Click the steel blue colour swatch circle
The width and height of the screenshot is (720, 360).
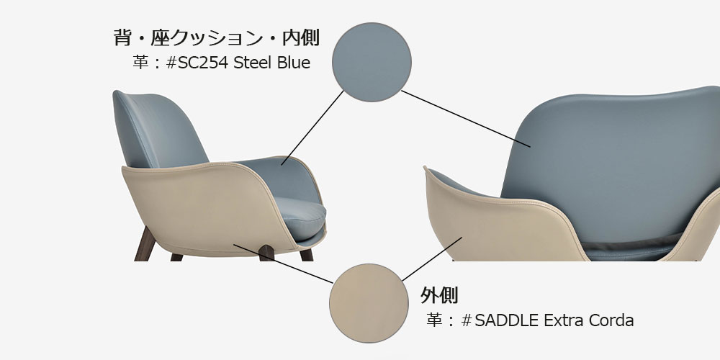coord(372,60)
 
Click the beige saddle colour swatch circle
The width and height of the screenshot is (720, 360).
coord(364,297)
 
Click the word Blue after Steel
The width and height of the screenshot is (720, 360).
coord(294,63)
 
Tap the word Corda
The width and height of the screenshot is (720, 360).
coord(611,320)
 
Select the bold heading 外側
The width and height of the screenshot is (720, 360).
coord(439,295)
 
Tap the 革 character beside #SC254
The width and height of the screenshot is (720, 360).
coord(140,63)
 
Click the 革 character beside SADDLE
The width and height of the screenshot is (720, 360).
coord(434,320)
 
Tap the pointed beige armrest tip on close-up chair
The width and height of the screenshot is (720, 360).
coord(426,170)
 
